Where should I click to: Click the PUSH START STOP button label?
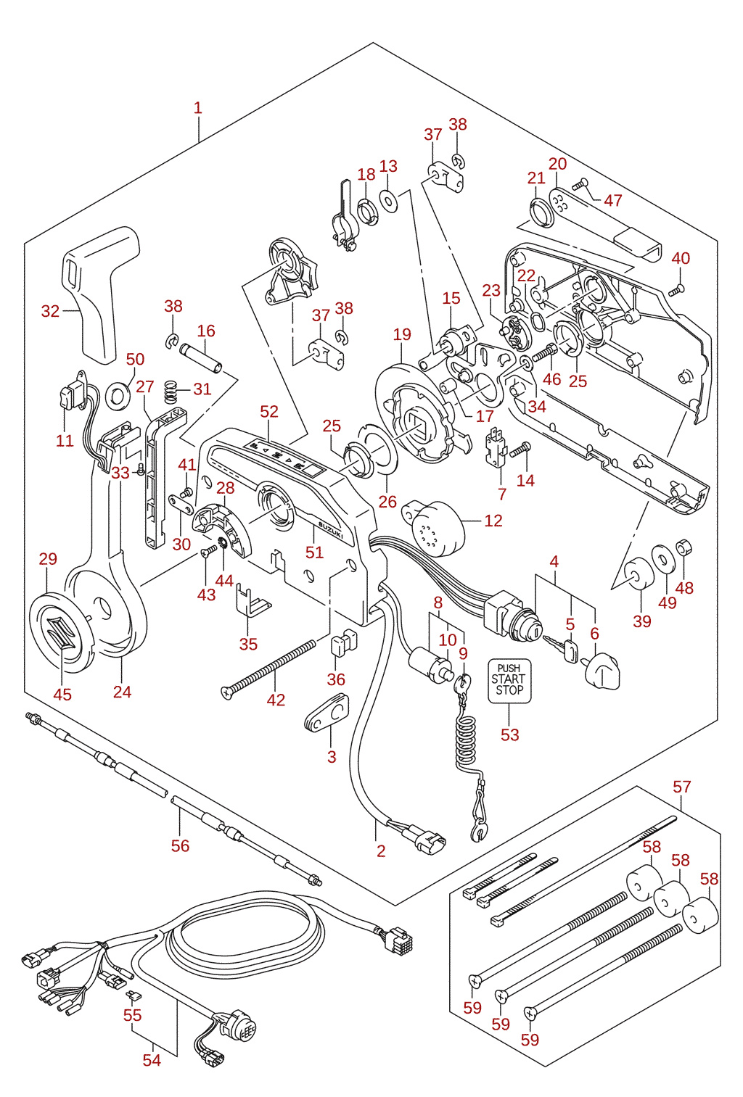click(509, 681)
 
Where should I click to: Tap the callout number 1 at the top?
click(197, 108)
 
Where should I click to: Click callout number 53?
click(509, 734)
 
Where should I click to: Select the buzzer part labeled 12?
click(434, 528)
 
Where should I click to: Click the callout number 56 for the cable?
click(180, 845)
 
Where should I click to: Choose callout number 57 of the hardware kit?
click(682, 787)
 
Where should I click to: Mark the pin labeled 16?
click(201, 358)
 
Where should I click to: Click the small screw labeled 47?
click(580, 185)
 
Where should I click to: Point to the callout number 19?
click(402, 334)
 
